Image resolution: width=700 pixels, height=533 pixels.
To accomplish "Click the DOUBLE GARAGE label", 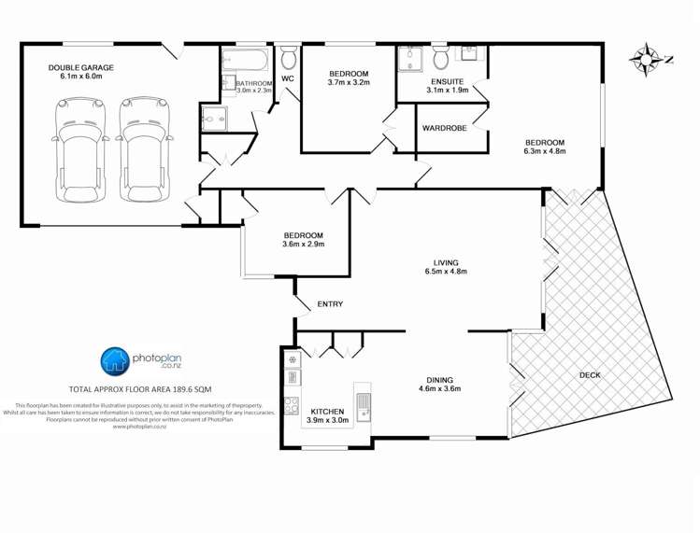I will point(81,67).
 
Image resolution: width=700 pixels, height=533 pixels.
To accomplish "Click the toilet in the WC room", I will point(288,60).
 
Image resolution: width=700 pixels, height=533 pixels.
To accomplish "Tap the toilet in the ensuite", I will point(440,59).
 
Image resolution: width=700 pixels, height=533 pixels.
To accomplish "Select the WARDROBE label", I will point(444,128).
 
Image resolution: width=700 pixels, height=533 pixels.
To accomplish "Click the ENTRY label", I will point(330,304).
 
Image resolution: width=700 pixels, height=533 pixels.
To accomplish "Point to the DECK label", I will point(590,375).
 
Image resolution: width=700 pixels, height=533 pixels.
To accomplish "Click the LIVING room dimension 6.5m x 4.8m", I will point(445,272).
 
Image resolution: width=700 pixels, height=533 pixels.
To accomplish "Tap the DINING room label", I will point(439,380).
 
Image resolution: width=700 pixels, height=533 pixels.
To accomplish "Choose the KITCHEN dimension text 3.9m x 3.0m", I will point(327,421).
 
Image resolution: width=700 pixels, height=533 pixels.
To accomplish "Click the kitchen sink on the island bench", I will point(364,402).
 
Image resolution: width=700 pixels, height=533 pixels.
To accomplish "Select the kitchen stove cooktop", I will point(291,406).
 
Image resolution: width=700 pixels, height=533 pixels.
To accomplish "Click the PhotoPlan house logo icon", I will point(115,359).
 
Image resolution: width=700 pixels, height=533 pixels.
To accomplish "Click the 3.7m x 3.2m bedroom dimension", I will point(350,83).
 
